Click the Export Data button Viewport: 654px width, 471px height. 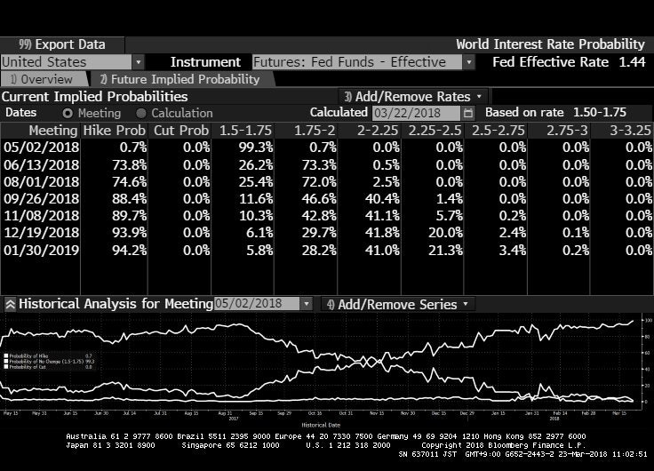(x=62, y=44)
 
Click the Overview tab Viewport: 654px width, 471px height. (x=42, y=79)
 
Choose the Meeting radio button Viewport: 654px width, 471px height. (x=68, y=113)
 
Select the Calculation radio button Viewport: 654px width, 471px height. (x=141, y=113)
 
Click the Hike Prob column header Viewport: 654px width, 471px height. (x=115, y=131)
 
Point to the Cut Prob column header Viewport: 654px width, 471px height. (x=181, y=131)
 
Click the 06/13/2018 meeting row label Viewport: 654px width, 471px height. (x=41, y=164)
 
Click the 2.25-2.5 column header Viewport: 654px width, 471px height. (x=435, y=131)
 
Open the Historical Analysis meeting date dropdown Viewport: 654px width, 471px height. (x=264, y=304)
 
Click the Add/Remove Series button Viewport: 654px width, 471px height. (x=399, y=304)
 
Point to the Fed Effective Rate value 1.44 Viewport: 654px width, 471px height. (x=632, y=62)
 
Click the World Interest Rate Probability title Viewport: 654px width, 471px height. (x=550, y=44)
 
